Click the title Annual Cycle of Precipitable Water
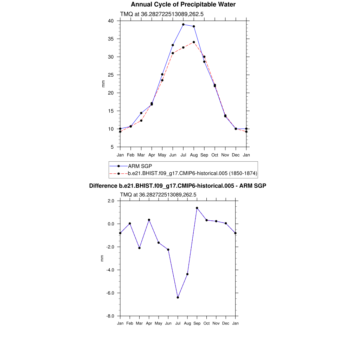tap(183, 5)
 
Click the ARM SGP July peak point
tap(183, 25)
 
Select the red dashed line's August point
tap(194, 42)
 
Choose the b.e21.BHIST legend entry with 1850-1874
tap(193, 173)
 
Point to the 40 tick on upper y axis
tap(111, 21)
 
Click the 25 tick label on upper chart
tap(111, 75)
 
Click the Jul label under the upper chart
tap(183, 155)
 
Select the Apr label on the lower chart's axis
tap(149, 323)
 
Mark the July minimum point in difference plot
tap(178, 297)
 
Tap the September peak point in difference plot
tap(197, 208)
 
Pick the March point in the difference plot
tap(140, 248)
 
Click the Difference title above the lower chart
tap(178, 186)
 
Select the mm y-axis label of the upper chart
tap(103, 84)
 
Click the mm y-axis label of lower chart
tap(102, 258)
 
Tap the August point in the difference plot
tap(187, 274)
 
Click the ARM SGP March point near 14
tap(141, 113)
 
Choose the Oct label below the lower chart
tap(207, 323)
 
